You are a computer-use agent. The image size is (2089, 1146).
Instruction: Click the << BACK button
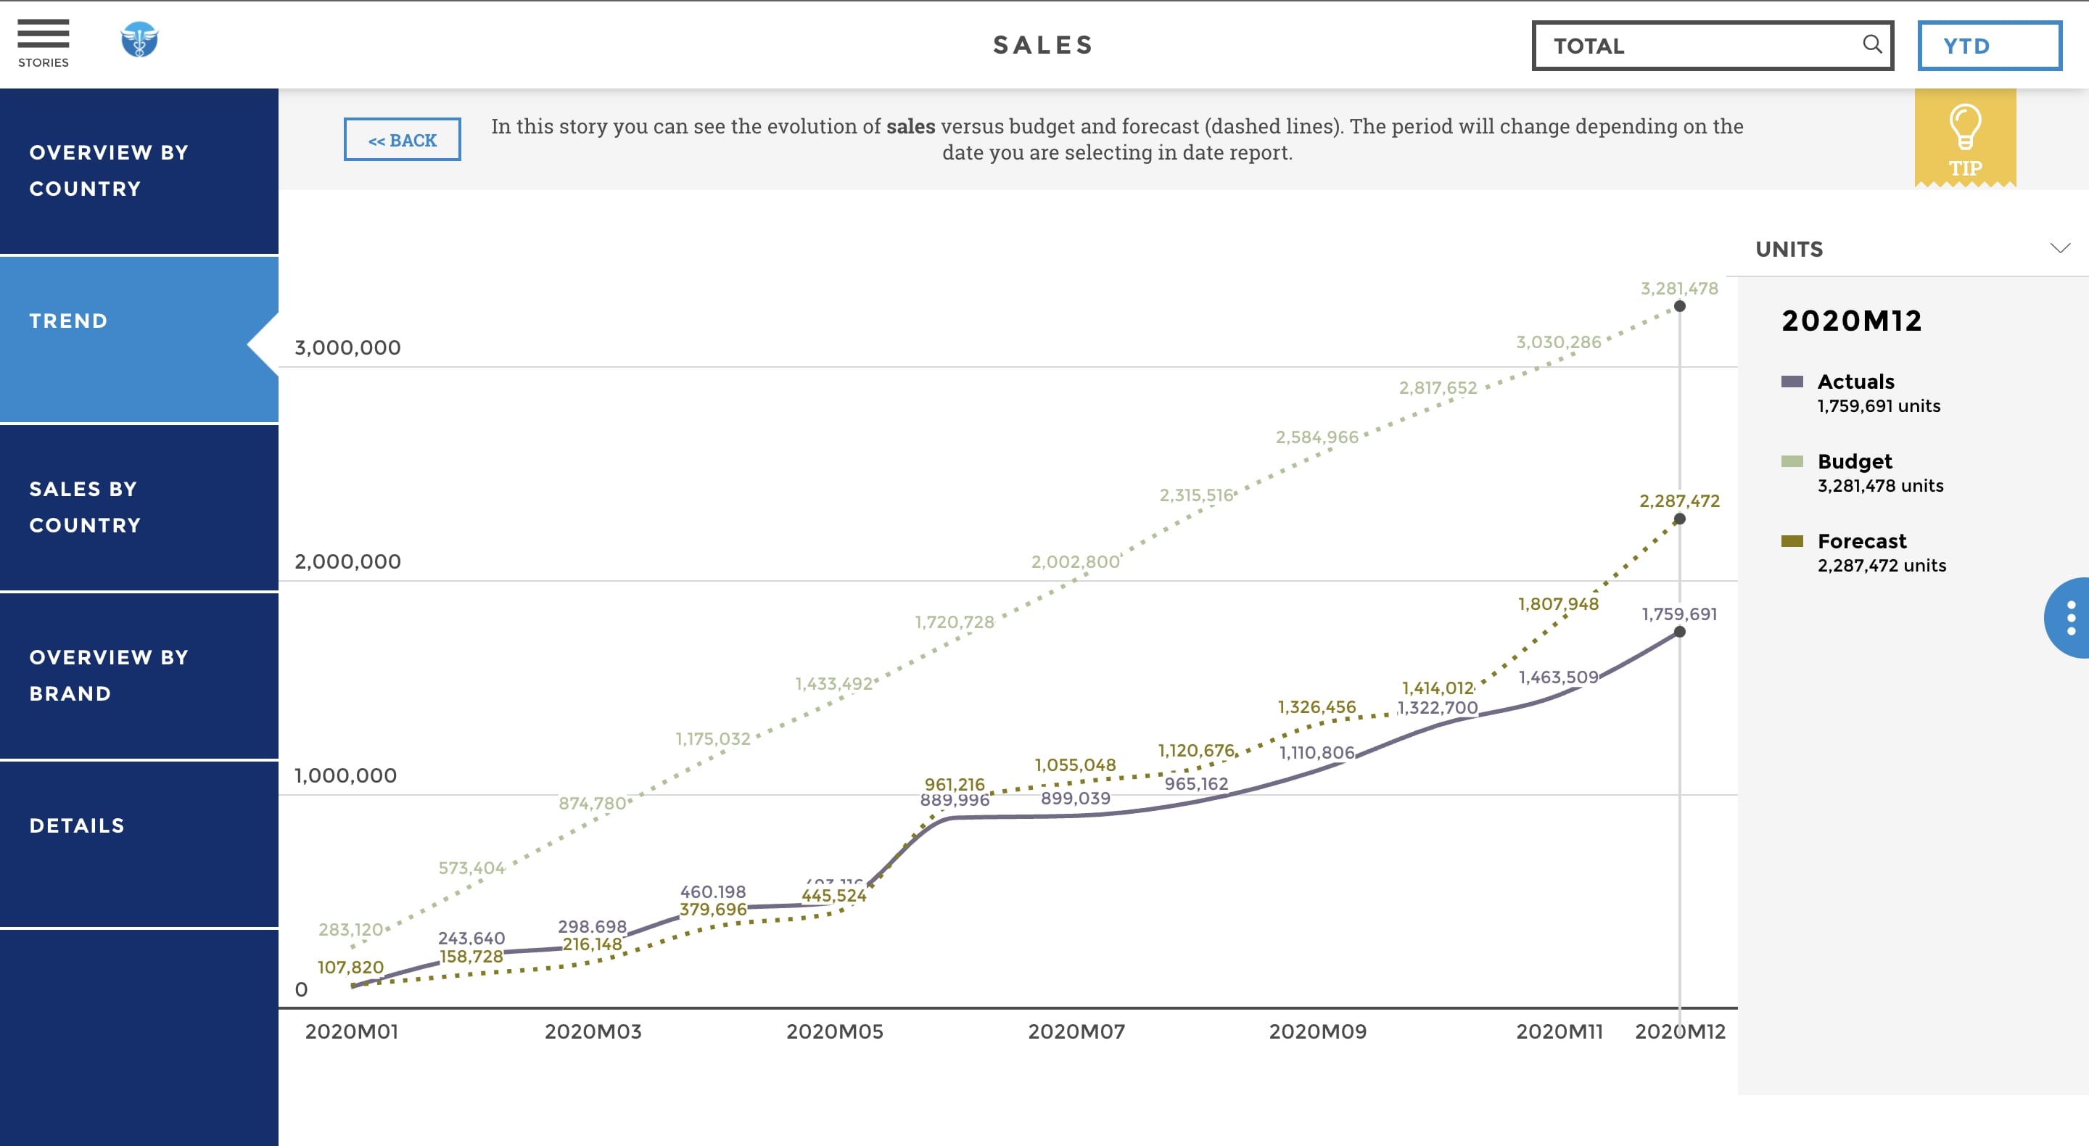pyautogui.click(x=403, y=139)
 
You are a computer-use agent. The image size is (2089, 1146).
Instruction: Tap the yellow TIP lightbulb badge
pyautogui.click(x=1964, y=139)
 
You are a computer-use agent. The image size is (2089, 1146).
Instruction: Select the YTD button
pyautogui.click(x=1988, y=46)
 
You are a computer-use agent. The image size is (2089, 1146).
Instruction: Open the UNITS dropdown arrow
pyautogui.click(x=2060, y=248)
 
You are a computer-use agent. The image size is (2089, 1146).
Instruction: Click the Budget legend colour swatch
pyautogui.click(x=1792, y=461)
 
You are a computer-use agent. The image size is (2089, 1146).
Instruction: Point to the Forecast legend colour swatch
pyautogui.click(x=1792, y=541)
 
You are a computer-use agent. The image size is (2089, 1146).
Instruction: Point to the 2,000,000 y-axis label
pyautogui.click(x=347, y=561)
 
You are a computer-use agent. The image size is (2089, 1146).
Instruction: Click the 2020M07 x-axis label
pyautogui.click(x=1076, y=1031)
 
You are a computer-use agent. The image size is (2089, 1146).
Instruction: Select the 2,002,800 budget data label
pyautogui.click(x=1074, y=561)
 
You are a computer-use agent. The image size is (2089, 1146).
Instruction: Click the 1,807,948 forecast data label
pyautogui.click(x=1558, y=603)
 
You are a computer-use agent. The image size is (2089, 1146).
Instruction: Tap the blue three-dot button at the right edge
pyautogui.click(x=2070, y=618)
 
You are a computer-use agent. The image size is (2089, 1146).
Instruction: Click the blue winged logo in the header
pyautogui.click(x=139, y=40)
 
